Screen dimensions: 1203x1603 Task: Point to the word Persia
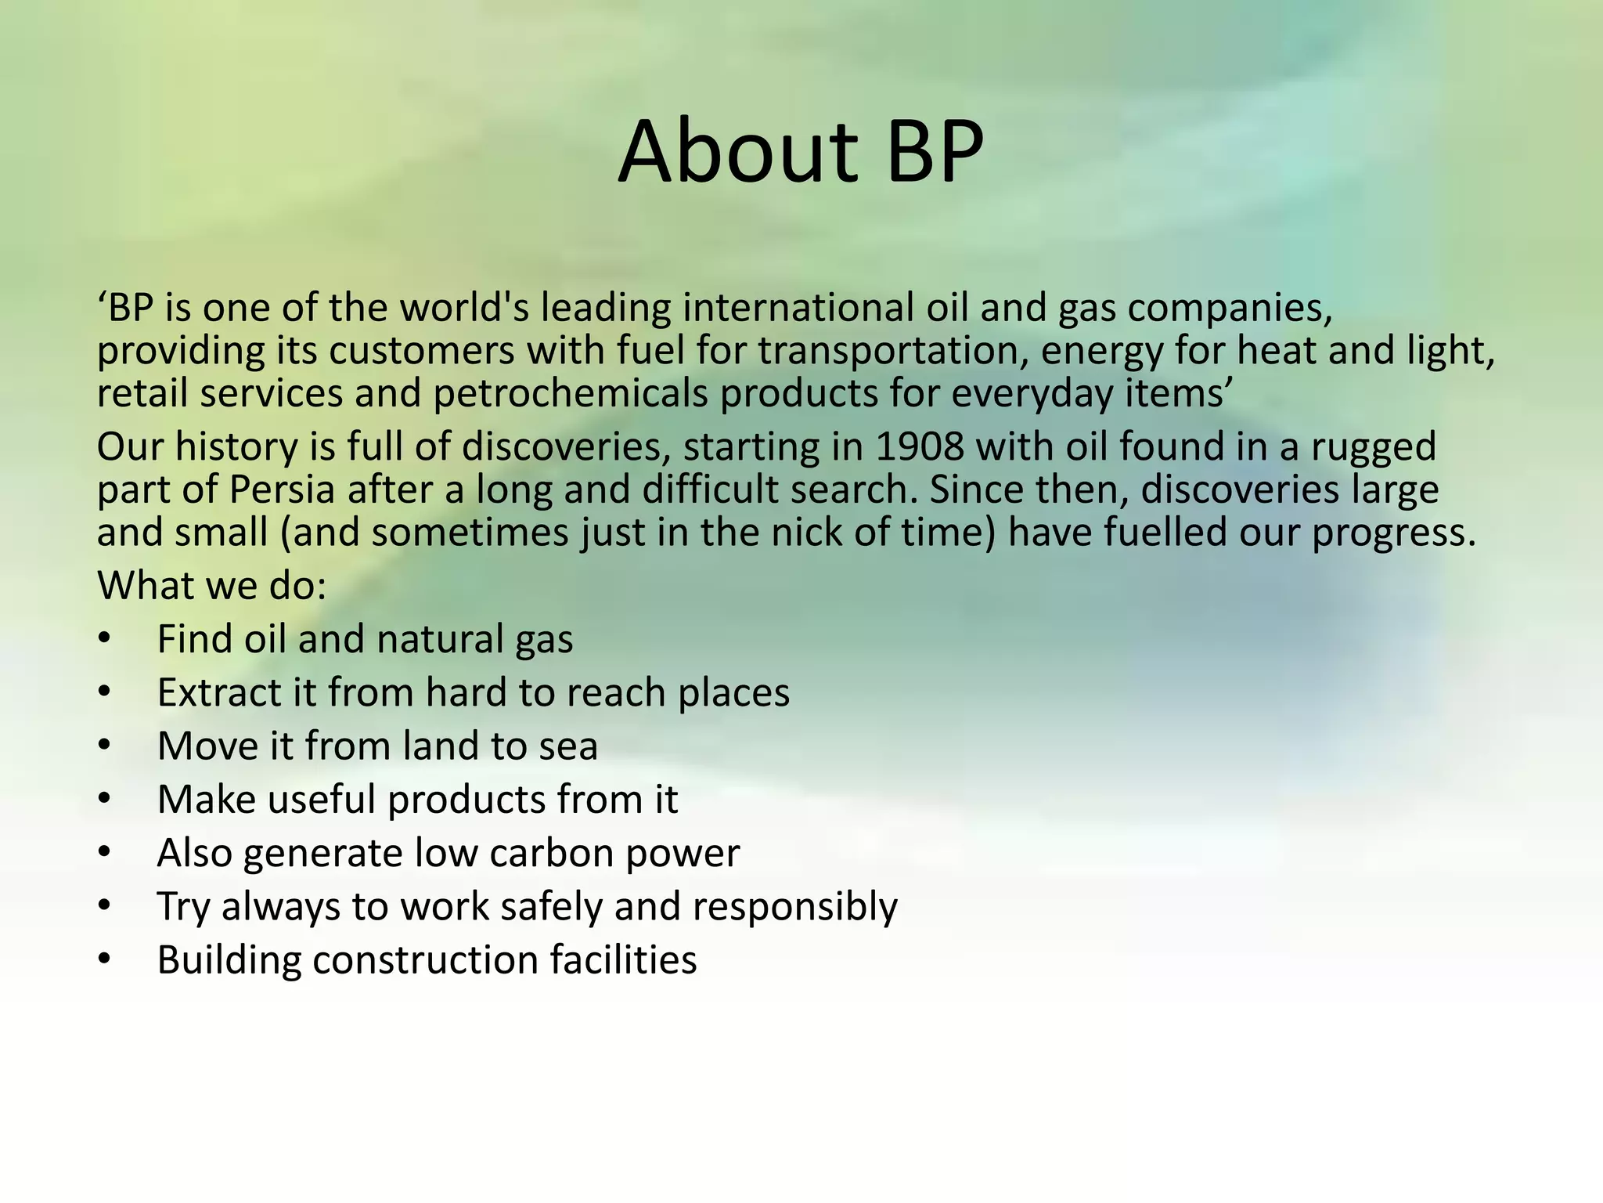(x=283, y=490)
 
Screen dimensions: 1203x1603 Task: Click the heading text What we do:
(x=211, y=585)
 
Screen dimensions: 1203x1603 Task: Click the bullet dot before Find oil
(x=105, y=640)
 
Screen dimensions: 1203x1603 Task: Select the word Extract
(x=218, y=693)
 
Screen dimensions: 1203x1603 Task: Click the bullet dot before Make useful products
(x=105, y=800)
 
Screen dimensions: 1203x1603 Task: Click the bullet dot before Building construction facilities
(x=105, y=960)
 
